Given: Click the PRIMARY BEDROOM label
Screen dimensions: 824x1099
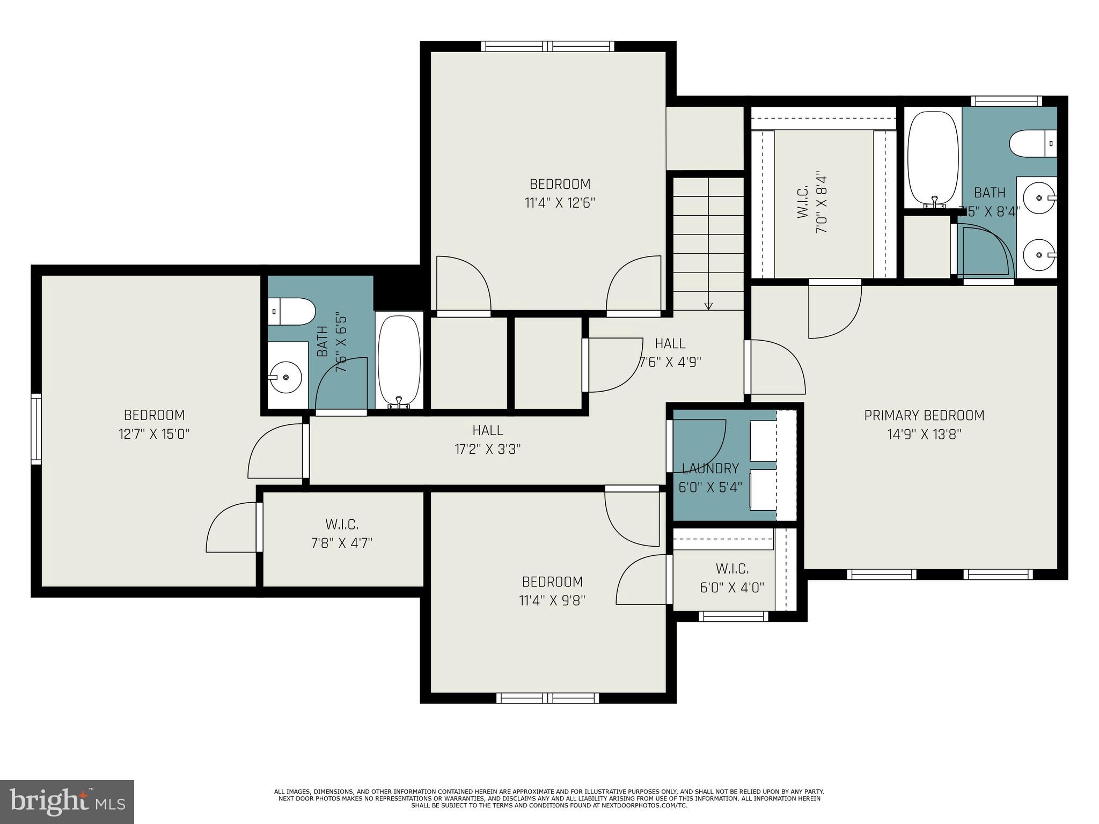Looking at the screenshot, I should tap(924, 415).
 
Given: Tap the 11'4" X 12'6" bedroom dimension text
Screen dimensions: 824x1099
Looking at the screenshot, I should tap(560, 203).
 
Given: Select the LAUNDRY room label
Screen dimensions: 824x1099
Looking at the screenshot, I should tap(710, 468).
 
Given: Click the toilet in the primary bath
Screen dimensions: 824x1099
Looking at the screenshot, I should tap(1032, 144).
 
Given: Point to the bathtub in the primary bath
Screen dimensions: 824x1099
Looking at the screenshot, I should tap(932, 159).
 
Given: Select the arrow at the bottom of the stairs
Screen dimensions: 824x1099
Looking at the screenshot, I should tap(708, 306).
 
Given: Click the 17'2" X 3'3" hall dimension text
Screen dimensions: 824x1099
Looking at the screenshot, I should tap(488, 449).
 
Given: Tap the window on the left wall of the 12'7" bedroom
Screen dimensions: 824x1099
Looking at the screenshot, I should tap(36, 428).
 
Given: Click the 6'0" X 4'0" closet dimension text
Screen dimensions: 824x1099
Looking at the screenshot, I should tap(732, 587).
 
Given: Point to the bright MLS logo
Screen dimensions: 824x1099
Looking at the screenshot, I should tap(67, 801).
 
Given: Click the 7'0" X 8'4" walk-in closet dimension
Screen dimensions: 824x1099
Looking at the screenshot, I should tap(821, 202).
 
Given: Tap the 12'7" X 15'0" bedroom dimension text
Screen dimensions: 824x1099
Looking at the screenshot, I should tap(154, 434).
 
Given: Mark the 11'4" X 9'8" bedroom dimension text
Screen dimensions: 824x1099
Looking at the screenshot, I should tap(552, 600).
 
